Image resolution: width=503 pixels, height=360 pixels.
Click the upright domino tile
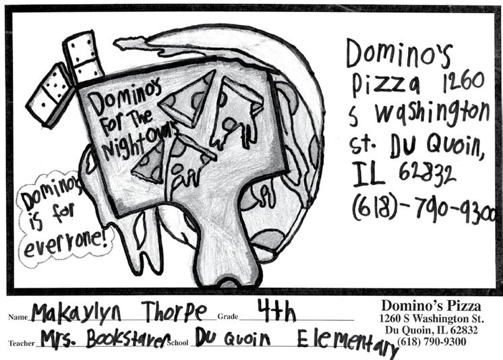click(x=84, y=57)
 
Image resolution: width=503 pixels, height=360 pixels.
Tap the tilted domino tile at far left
click(x=51, y=95)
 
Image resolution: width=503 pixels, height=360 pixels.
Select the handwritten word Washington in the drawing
click(x=432, y=113)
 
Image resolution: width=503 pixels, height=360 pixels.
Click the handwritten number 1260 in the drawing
click(x=463, y=81)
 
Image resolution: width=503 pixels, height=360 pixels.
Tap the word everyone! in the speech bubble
click(x=65, y=244)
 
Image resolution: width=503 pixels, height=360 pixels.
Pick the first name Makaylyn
click(x=76, y=312)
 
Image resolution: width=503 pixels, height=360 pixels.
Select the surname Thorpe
click(x=175, y=311)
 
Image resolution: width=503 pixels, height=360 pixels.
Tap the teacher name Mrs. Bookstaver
click(x=105, y=338)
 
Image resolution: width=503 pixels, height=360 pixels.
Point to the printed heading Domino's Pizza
click(x=431, y=305)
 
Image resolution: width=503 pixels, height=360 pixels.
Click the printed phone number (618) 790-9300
click(x=432, y=342)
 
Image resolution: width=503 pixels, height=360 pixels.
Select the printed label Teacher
click(x=22, y=343)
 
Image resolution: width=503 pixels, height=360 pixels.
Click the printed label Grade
click(x=228, y=317)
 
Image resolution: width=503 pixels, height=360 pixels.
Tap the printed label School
click(x=177, y=342)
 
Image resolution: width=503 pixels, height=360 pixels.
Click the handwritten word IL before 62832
click(x=368, y=174)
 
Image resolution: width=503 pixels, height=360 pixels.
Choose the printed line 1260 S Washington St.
click(x=431, y=319)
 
